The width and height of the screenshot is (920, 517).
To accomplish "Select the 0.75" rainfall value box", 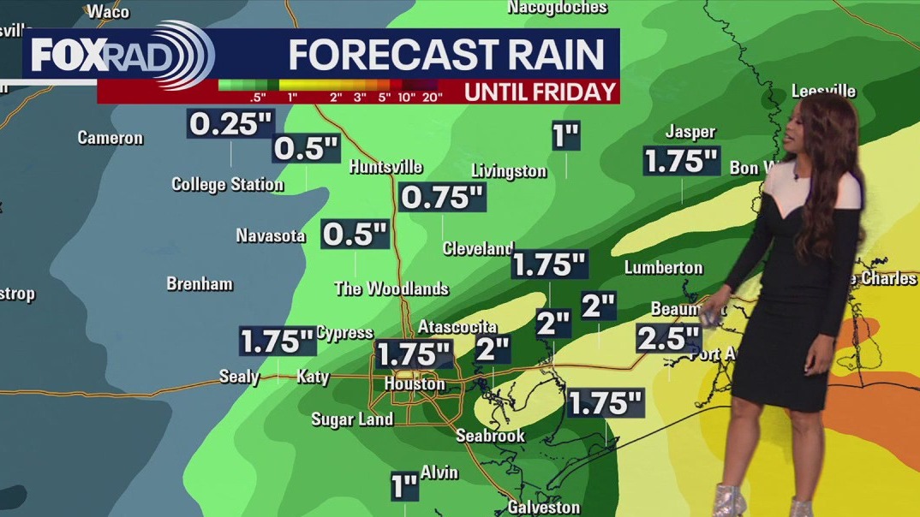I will [443, 198].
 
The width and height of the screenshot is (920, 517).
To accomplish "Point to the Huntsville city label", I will [385, 167].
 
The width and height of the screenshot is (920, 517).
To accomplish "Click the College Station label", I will [227, 184].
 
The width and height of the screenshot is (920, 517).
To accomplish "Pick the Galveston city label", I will [543, 507].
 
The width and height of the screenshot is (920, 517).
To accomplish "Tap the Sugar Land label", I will [352, 419].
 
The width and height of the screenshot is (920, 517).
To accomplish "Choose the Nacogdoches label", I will [557, 8].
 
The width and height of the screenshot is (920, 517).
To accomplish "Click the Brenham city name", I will [200, 284].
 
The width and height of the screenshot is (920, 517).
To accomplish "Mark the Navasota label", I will [271, 235].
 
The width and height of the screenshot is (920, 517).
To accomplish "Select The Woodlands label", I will [391, 288].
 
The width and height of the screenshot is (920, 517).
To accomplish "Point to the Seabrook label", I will [490, 436].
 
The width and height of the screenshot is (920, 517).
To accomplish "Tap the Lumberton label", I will [663, 267].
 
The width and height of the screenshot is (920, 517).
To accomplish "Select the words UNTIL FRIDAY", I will [541, 92].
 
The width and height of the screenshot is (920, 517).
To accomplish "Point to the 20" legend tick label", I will [433, 97].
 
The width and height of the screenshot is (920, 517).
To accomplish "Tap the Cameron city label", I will [111, 138].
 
